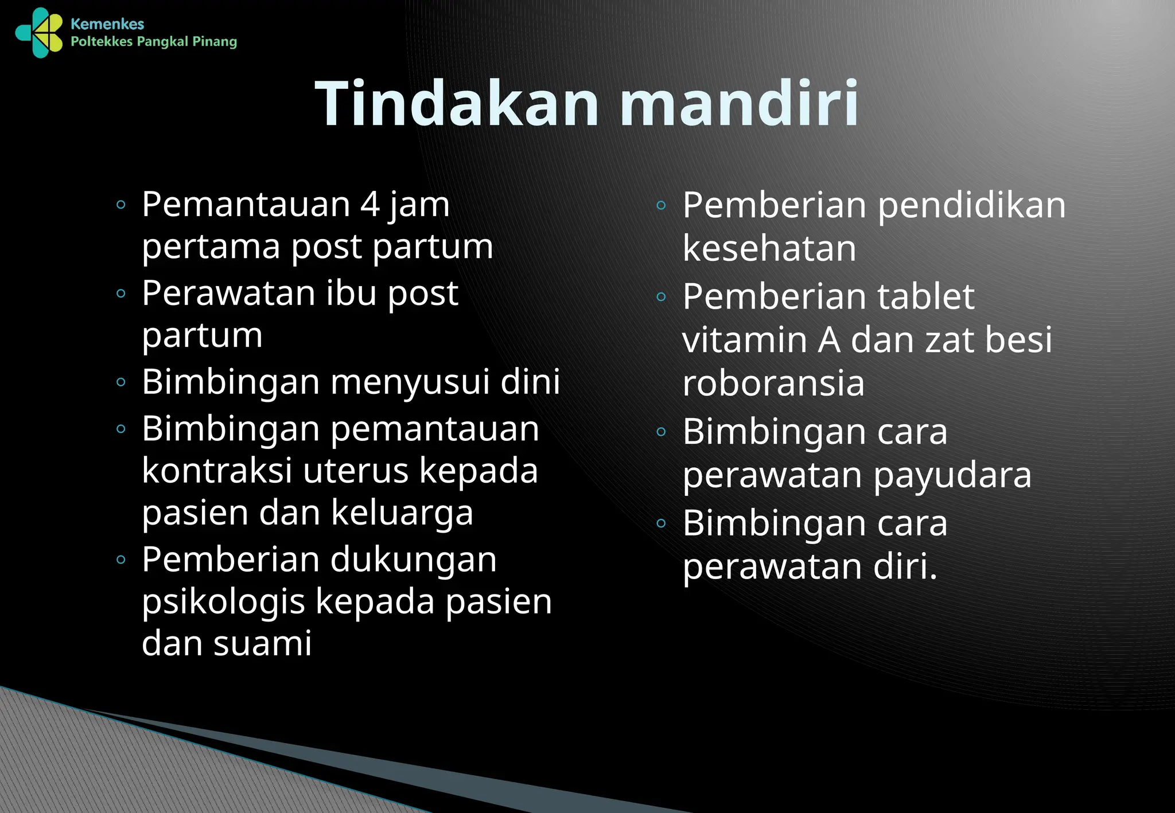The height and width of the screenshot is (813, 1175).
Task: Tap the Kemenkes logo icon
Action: click(x=39, y=33)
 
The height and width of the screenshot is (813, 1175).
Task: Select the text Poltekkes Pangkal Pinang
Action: click(x=153, y=42)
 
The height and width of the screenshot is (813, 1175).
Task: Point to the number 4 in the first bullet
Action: click(x=370, y=205)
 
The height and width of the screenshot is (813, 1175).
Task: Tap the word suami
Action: click(x=262, y=643)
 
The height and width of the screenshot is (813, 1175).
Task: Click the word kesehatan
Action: click(x=769, y=249)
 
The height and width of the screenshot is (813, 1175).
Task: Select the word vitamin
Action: click(x=745, y=340)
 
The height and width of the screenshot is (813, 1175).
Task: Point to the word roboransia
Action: click(x=773, y=384)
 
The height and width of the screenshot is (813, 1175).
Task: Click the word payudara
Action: click(x=952, y=476)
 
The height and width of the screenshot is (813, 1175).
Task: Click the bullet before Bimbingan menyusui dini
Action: click(x=120, y=382)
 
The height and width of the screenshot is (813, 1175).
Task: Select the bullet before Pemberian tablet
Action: click(x=661, y=296)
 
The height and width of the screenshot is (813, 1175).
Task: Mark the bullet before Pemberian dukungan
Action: click(x=120, y=560)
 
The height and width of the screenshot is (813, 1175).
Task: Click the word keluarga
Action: click(x=402, y=513)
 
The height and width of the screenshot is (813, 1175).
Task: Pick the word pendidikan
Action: click(x=971, y=205)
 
